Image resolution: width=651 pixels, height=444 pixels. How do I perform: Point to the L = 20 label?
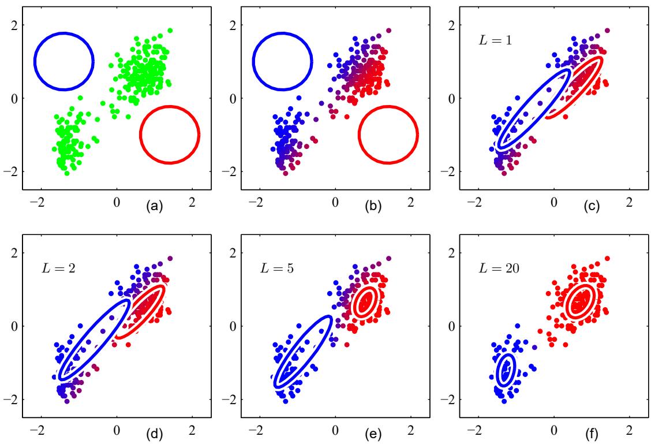point(495,268)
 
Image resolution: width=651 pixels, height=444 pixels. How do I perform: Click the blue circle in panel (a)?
point(63,33)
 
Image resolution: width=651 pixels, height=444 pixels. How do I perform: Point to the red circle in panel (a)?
point(170,107)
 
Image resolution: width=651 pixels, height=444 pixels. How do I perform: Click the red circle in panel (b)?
point(388,107)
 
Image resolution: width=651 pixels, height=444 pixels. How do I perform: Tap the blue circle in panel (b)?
point(282,33)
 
